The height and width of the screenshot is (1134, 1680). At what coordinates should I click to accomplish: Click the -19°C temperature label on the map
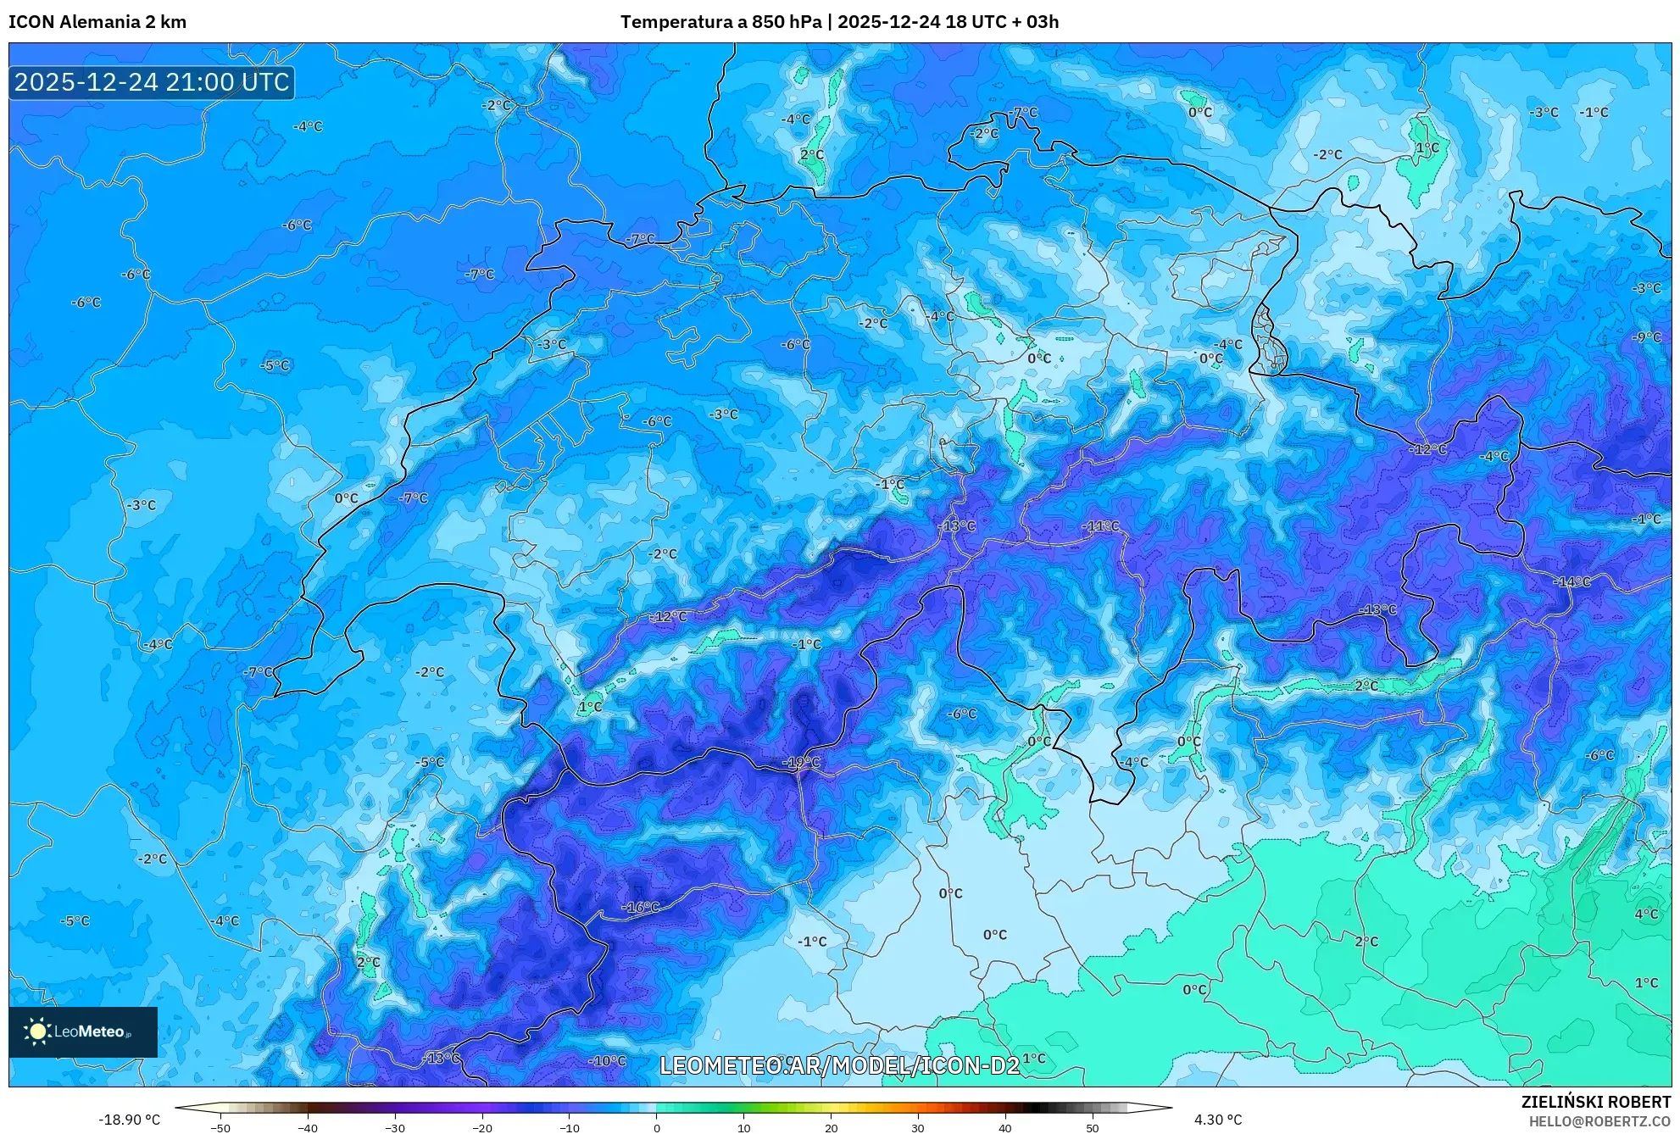801,763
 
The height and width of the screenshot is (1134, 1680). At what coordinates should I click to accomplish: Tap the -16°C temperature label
641,907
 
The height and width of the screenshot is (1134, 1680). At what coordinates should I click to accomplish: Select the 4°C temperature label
1646,914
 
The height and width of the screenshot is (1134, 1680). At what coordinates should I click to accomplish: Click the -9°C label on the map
1647,337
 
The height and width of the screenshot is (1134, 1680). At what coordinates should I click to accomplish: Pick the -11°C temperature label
1100,526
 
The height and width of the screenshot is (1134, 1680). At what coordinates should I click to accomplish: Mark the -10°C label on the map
607,1060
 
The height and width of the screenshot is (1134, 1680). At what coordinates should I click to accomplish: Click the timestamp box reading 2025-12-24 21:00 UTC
152,82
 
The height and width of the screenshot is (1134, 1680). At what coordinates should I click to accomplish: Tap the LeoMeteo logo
83,1031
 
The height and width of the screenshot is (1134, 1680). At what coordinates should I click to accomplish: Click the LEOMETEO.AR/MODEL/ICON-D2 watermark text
839,1065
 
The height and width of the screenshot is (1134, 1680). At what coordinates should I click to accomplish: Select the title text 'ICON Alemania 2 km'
97,22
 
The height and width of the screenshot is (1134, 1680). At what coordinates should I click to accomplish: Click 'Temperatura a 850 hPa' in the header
720,22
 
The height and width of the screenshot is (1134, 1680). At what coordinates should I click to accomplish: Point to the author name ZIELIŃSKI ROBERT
1595,1102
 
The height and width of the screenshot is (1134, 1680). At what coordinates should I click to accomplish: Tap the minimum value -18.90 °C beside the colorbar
129,1120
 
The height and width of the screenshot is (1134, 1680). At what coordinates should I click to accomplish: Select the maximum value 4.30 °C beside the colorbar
1218,1120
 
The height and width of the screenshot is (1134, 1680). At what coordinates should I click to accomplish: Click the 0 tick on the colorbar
657,1127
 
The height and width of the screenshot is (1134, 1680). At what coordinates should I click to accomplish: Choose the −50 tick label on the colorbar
220,1127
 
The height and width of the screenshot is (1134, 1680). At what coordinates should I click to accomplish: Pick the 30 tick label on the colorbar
918,1127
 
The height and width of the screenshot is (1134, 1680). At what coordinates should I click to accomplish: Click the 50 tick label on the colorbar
1092,1127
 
